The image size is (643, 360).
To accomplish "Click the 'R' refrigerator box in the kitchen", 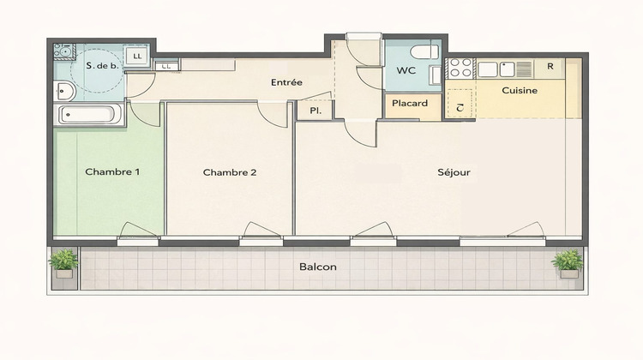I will (550, 67).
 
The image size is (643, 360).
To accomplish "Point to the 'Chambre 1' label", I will (112, 171).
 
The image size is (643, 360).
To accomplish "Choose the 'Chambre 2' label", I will (230, 172).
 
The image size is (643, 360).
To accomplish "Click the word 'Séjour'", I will (454, 172).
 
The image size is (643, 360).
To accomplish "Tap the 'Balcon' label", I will (317, 267).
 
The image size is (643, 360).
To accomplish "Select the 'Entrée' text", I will (286, 83).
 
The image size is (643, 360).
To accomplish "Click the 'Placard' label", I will (411, 104).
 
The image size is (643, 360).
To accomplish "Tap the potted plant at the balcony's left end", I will (63, 262).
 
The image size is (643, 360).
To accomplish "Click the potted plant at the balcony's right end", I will (567, 262).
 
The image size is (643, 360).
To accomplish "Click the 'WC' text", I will (406, 72).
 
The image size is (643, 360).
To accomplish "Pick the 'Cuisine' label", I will (520, 90).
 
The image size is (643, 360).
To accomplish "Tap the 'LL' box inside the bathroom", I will (139, 57).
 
